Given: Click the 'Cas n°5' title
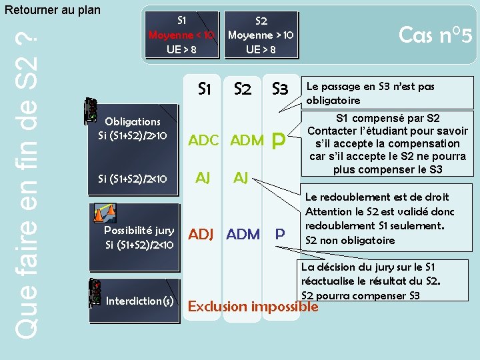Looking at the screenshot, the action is click(435, 34).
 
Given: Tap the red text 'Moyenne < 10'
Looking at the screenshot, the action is click(181, 35).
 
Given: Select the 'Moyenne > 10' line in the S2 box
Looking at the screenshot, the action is click(261, 35).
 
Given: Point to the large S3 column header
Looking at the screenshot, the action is click(279, 89).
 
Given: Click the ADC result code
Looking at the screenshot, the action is click(204, 141).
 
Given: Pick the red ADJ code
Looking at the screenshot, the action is click(204, 235).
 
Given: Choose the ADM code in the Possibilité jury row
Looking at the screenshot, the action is click(243, 235).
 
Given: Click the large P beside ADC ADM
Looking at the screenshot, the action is click(279, 139).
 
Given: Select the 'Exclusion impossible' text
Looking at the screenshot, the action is click(253, 307).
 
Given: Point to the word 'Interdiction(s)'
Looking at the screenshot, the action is click(141, 301).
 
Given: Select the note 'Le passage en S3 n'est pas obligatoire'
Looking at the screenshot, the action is click(369, 93).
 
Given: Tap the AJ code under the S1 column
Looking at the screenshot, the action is click(203, 177).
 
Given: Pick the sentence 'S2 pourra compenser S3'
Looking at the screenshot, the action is click(361, 295).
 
